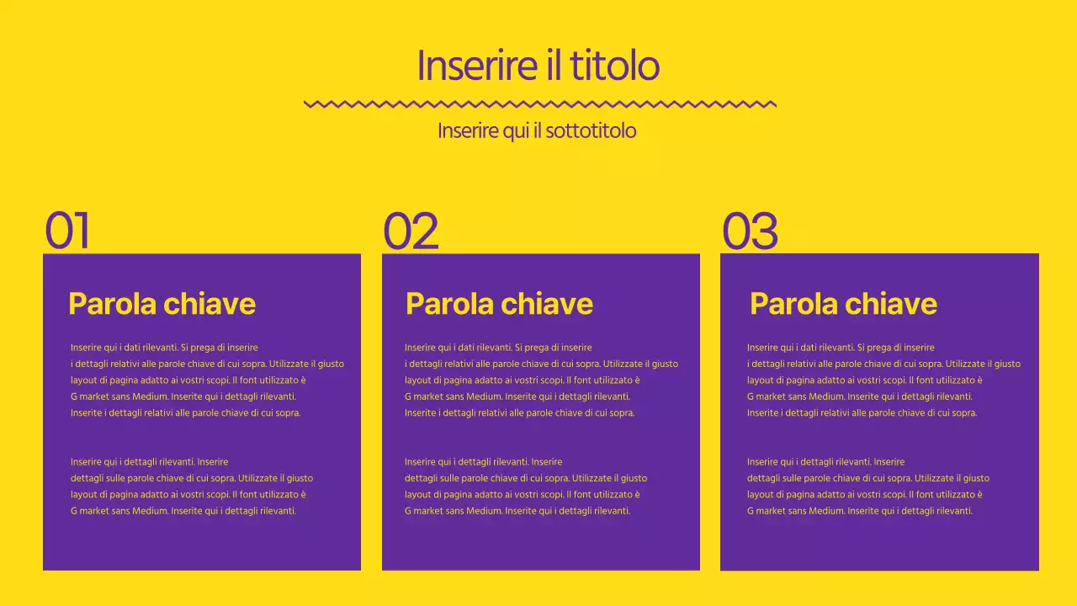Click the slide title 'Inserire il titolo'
(538, 66)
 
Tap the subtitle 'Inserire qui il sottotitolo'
(537, 131)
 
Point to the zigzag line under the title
(539, 104)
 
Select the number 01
(67, 231)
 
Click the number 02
(411, 231)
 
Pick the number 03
(750, 231)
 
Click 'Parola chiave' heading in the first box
(162, 303)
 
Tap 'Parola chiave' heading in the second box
(499, 303)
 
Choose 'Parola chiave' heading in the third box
(843, 303)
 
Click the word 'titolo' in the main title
(614, 66)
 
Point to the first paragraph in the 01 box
(207, 380)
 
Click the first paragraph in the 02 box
(541, 380)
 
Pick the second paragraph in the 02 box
(526, 486)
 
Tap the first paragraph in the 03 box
(883, 380)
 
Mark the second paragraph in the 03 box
(868, 486)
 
